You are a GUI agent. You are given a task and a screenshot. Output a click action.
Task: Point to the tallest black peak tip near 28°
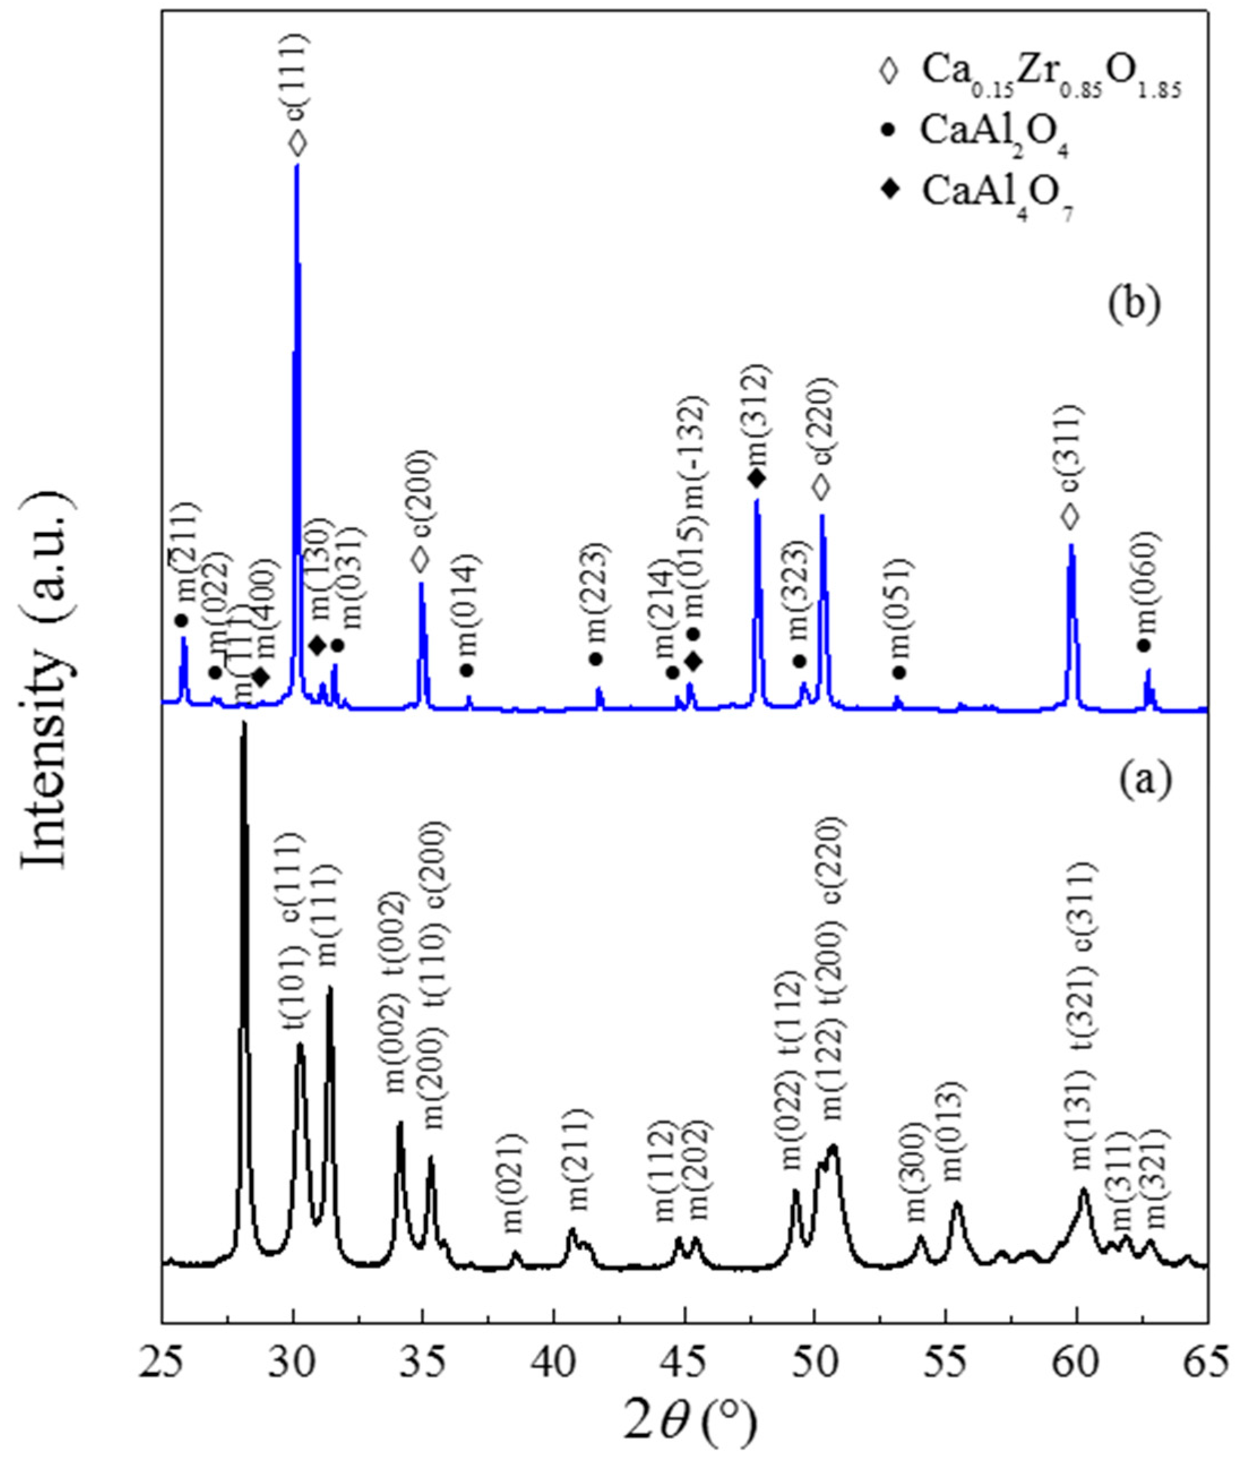click(244, 723)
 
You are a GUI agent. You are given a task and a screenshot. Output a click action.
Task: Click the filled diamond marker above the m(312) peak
click(756, 479)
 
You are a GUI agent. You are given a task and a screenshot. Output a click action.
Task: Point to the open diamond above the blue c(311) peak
click(1070, 517)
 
